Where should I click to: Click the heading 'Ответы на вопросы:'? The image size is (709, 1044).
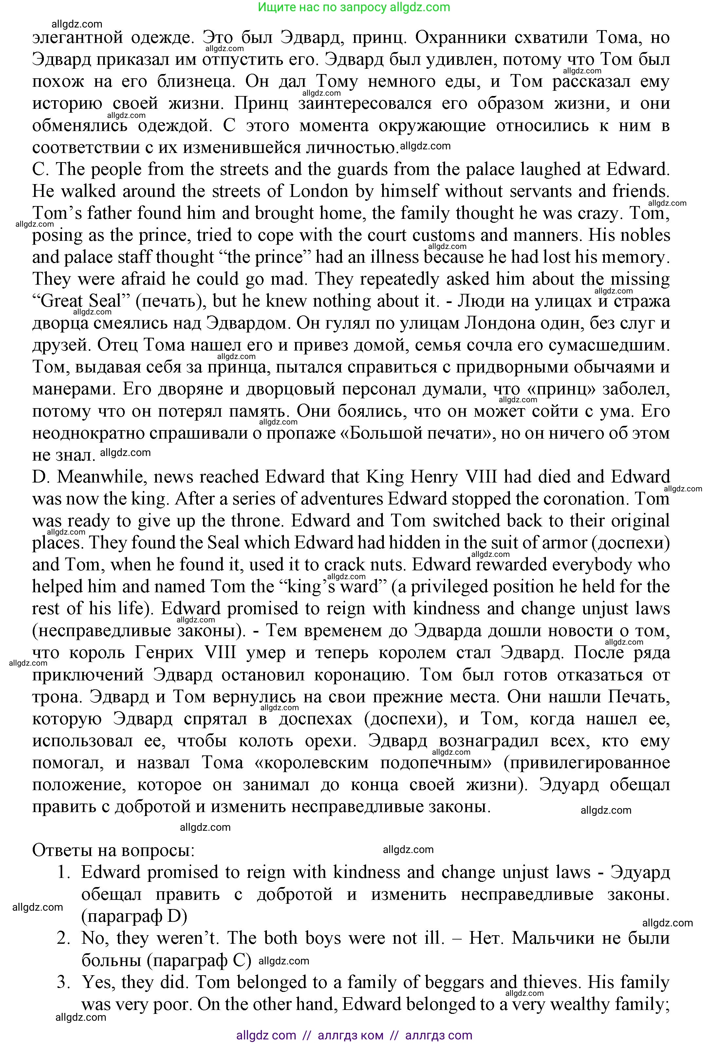[113, 850]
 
